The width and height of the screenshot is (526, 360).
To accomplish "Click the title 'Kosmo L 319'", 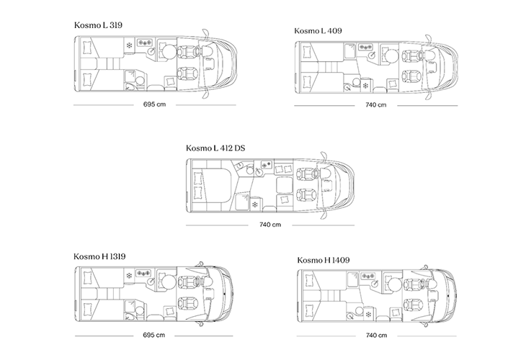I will [98, 25].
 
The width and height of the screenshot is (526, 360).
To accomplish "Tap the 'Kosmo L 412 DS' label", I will [214, 148].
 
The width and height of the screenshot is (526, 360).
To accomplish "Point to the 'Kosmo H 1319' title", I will [100, 256].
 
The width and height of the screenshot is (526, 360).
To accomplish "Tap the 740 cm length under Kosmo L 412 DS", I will [270, 225].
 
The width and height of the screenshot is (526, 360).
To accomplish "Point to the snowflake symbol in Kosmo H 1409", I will [367, 315].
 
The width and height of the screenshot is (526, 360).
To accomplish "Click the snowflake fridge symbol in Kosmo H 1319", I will [130, 275].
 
